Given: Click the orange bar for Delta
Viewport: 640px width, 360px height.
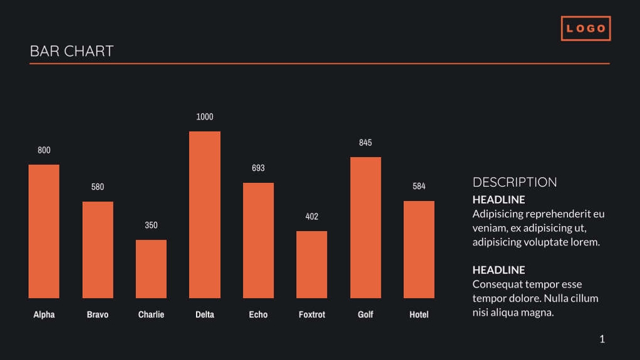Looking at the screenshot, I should (x=205, y=215).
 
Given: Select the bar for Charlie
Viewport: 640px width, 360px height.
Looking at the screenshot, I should (x=151, y=269).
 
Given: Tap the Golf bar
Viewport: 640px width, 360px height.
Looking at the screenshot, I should (x=366, y=227).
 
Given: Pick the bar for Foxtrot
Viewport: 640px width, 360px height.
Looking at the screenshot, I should (x=312, y=265).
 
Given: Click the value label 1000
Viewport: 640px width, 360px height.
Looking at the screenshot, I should (x=205, y=117).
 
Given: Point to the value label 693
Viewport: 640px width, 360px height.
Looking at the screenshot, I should (x=258, y=168).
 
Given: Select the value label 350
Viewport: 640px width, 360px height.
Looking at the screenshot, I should (x=151, y=225).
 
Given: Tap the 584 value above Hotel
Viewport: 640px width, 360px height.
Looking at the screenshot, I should (x=419, y=187).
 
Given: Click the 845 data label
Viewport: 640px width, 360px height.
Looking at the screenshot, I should (x=366, y=143).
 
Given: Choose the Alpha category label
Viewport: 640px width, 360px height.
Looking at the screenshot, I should (x=44, y=314).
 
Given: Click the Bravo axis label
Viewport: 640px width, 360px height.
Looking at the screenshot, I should (x=98, y=314).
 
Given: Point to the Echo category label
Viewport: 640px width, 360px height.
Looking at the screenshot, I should (x=258, y=314).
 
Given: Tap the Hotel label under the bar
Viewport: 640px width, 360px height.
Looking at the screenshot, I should (x=419, y=314).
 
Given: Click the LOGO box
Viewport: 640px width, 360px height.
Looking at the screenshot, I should (x=586, y=29).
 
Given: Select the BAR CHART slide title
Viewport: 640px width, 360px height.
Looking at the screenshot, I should (x=72, y=51).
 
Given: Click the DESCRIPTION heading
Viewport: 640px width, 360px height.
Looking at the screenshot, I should (x=515, y=182).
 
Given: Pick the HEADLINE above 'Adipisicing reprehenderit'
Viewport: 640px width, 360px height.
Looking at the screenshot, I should (x=498, y=200).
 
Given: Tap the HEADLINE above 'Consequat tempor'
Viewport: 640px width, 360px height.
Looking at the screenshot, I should (x=498, y=270).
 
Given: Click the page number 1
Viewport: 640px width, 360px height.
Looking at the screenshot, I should (x=602, y=339).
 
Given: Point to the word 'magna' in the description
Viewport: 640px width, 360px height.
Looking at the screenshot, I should (x=538, y=312).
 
